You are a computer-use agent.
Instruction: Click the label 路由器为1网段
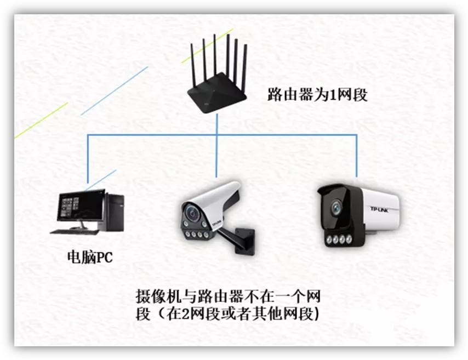[x=317, y=94]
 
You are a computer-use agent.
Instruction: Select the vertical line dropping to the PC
[x=88, y=159]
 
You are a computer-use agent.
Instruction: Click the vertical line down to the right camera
[x=356, y=156]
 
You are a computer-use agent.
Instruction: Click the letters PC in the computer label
[x=104, y=257]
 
